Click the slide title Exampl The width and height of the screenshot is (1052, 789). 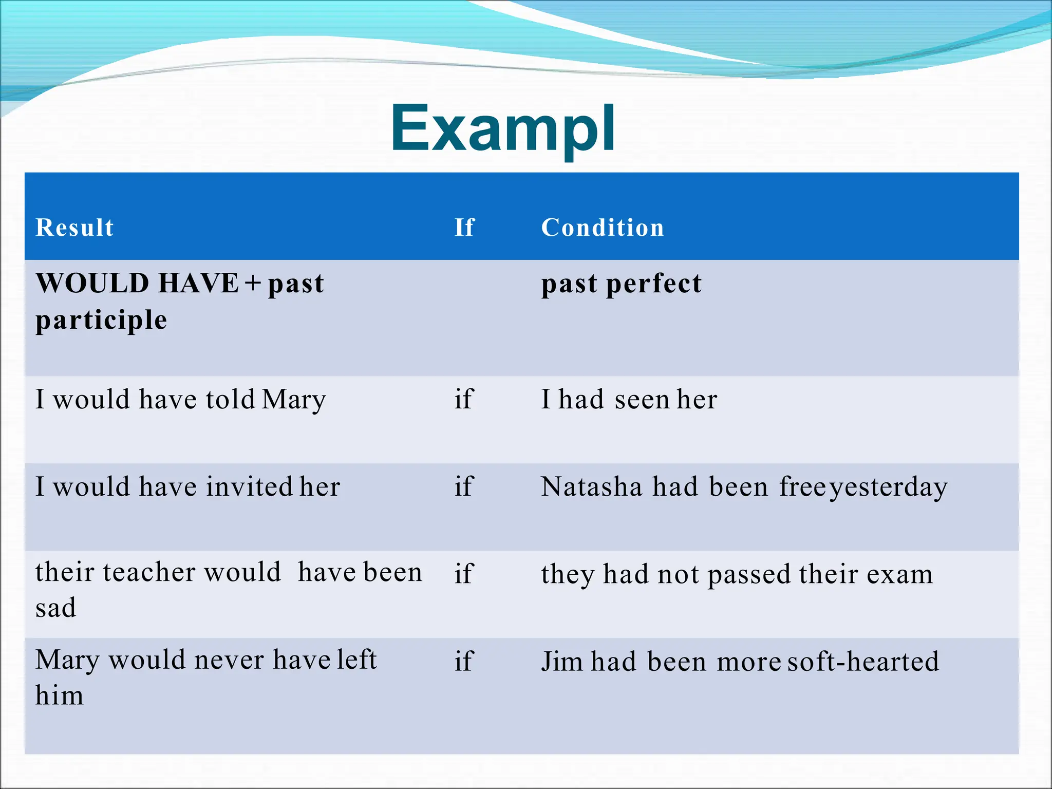(502, 128)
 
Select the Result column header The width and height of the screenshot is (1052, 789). (74, 228)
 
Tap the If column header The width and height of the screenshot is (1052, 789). (464, 228)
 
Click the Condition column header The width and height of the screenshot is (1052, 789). (602, 228)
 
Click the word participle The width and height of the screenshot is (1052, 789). (101, 320)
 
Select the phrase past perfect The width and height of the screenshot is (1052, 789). (621, 284)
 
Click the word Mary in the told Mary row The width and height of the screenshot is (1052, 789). (293, 400)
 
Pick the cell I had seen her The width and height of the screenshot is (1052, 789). (629, 400)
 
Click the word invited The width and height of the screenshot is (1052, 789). (249, 486)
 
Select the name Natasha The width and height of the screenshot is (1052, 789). (591, 486)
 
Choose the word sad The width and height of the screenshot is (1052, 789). (55, 608)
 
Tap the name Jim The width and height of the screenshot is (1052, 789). (562, 662)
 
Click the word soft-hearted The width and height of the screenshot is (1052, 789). (862, 662)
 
